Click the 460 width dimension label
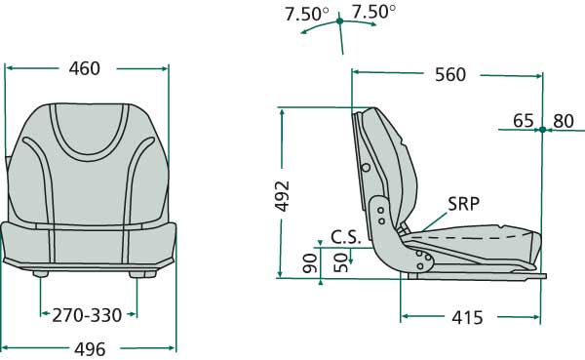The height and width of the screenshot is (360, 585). pos(85,68)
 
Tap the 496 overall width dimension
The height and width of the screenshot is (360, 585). pos(90,350)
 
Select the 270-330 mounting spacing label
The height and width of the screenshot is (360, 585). pos(87,315)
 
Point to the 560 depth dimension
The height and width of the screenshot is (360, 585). pos(450,75)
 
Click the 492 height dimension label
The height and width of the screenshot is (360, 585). pos(283,196)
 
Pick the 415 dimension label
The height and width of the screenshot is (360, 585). pos(467,318)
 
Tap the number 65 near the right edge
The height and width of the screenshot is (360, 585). pos(523,121)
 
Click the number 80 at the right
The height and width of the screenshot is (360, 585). pos(564,121)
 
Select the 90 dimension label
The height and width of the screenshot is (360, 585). pos(310,263)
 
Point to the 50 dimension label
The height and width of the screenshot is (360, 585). pos(340,262)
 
